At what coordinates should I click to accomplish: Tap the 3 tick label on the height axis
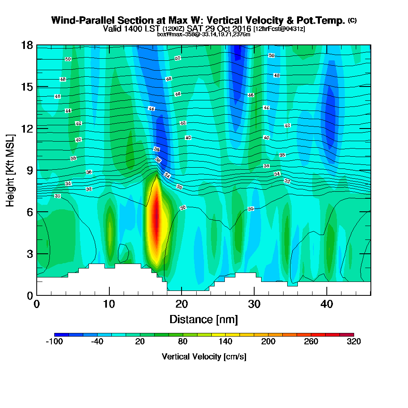[x=29, y=254]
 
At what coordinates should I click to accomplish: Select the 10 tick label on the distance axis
[x=109, y=304]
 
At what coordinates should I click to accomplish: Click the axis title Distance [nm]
[x=203, y=319]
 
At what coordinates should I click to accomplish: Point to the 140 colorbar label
[x=226, y=342]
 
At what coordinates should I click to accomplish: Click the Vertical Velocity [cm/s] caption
[x=204, y=357]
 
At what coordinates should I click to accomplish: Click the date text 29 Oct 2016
[x=226, y=29]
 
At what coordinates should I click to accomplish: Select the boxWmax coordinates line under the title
[x=204, y=34]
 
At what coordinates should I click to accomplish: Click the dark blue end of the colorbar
[x=58, y=335]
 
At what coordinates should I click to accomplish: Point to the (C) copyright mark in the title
[x=352, y=20]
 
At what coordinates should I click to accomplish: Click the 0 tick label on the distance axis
[x=37, y=304]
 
